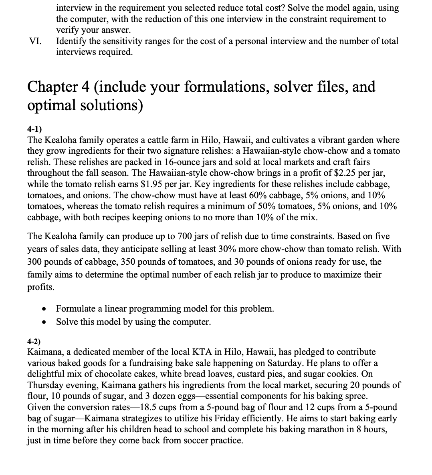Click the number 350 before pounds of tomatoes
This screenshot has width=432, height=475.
pos(163,262)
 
